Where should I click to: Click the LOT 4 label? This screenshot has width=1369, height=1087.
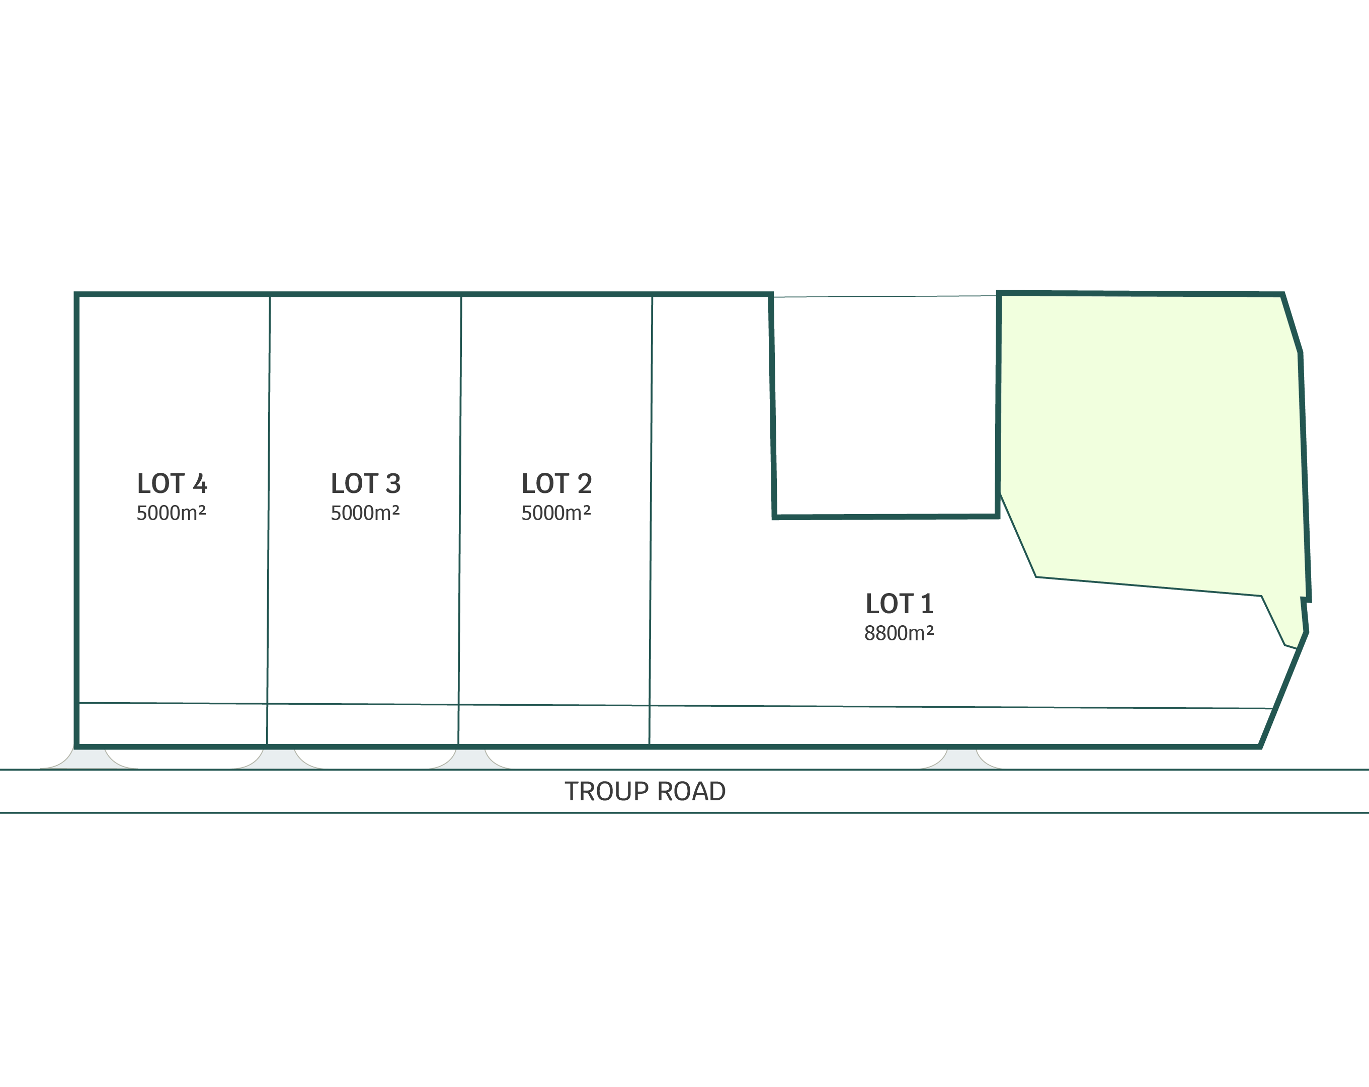pos(172,484)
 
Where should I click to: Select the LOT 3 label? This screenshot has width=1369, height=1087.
pos(365,484)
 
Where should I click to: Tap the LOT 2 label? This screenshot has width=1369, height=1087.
pos(556,484)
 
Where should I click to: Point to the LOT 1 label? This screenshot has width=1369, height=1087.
pos(899,604)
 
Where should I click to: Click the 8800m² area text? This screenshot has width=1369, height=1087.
pos(899,633)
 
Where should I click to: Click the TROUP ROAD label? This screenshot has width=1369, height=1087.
pos(645,792)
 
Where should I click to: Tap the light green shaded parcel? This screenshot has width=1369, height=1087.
pos(1149,445)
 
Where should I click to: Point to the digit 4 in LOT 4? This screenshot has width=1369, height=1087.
pos(200,484)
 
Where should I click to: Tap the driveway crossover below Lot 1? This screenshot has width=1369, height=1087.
pos(961,759)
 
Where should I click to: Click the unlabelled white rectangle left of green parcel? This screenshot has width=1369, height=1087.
pos(884,406)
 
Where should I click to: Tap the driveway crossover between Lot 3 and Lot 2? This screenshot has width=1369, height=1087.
pos(470,759)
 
